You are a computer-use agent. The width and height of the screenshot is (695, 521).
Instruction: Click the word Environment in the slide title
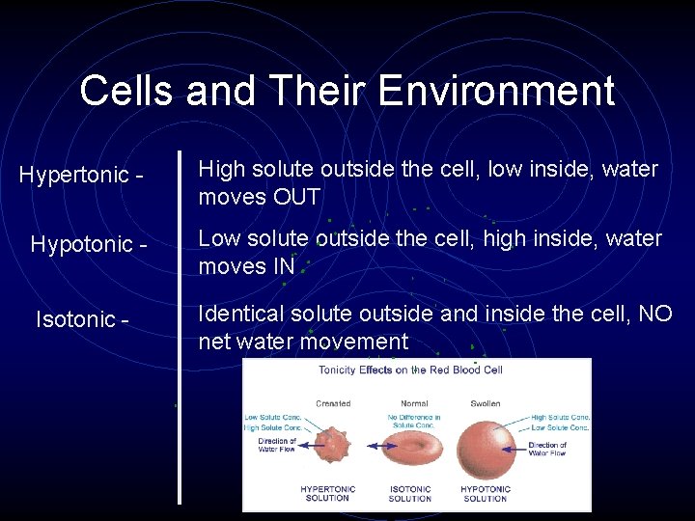[496, 91]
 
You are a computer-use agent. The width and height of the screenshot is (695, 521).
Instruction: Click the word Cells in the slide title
[127, 91]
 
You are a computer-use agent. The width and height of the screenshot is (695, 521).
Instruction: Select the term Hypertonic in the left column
[74, 175]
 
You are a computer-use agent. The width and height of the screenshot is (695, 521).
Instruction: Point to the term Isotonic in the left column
[76, 318]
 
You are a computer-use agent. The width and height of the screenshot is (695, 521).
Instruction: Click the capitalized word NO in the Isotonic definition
[655, 314]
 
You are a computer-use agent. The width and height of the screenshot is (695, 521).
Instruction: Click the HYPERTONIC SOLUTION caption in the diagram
[327, 494]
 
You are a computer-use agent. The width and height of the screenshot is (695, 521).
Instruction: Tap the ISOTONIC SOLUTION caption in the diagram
[410, 494]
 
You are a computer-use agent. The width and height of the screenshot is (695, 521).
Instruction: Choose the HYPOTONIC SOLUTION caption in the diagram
[485, 494]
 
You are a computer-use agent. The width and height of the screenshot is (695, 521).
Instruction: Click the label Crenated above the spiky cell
[333, 403]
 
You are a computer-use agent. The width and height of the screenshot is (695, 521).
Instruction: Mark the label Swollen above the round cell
[486, 403]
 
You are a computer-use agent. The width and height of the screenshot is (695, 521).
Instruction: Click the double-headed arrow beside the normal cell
[377, 446]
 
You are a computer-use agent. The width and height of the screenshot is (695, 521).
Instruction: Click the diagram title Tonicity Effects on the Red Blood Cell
[410, 370]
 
